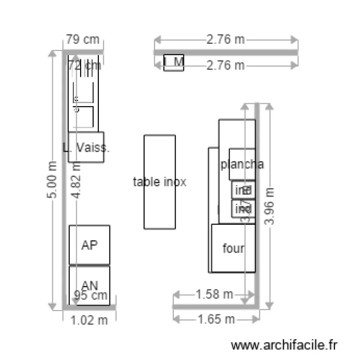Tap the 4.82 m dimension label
tap(76, 180)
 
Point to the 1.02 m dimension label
tap(89, 320)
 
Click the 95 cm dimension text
tap(90, 295)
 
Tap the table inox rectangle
tap(159, 182)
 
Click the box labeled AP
tap(89, 245)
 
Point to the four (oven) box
tap(233, 249)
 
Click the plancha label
tap(242, 164)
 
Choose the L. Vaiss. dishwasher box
tap(86, 147)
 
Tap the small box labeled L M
tap(174, 62)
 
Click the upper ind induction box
tap(243, 190)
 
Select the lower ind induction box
tap(243, 209)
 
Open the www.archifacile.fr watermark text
tap(285, 345)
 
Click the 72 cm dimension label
tap(84, 65)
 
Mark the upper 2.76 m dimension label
tap(226, 39)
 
